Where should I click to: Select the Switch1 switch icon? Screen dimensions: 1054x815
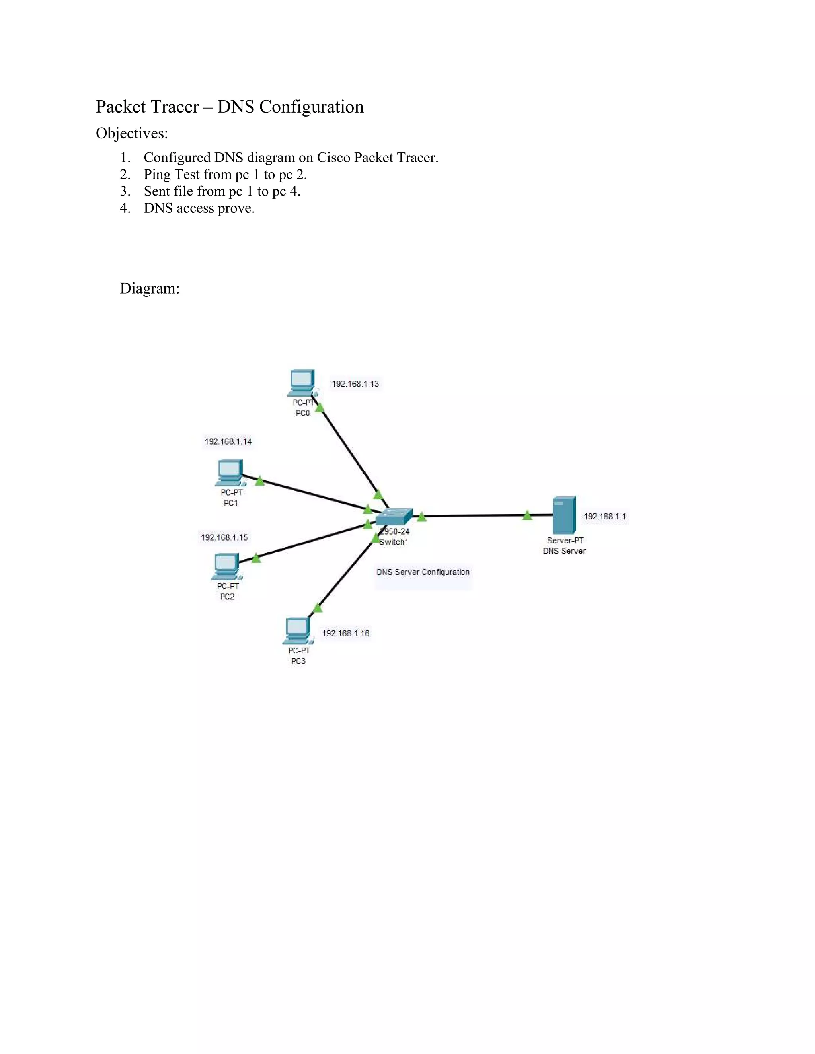pyautogui.click(x=394, y=517)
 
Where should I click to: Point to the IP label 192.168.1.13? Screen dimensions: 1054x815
pyautogui.click(x=355, y=384)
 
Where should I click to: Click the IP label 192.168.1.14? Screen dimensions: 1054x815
pyautogui.click(x=228, y=441)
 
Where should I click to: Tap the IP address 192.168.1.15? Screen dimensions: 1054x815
pyautogui.click(x=224, y=537)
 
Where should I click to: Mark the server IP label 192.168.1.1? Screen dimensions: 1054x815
pyautogui.click(x=604, y=516)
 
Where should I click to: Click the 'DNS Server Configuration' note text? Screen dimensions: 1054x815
pyautogui.click(x=423, y=572)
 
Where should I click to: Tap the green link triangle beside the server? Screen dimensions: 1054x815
pyautogui.click(x=527, y=515)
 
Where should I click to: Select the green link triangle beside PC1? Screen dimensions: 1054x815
pyautogui.click(x=260, y=481)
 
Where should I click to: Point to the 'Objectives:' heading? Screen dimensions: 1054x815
pyautogui.click(x=132, y=133)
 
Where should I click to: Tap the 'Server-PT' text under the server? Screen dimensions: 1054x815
pyautogui.click(x=565, y=541)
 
